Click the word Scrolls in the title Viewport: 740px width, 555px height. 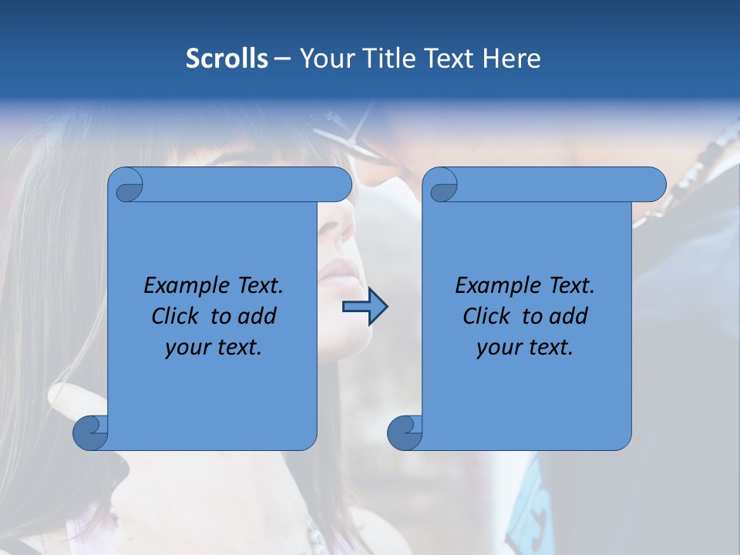click(x=227, y=59)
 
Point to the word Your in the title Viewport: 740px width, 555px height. click(x=325, y=59)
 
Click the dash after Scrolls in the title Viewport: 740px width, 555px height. click(x=282, y=59)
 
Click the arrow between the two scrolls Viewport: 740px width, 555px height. click(x=365, y=307)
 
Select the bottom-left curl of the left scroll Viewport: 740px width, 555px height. click(x=91, y=432)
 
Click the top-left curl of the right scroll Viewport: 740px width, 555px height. click(x=442, y=186)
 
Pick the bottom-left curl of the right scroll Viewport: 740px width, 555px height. click(x=405, y=432)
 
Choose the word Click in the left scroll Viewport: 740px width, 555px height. click(x=177, y=316)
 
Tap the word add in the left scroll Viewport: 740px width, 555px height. click(x=257, y=316)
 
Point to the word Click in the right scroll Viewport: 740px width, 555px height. click(x=487, y=316)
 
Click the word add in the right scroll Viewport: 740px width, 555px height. click(x=569, y=316)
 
